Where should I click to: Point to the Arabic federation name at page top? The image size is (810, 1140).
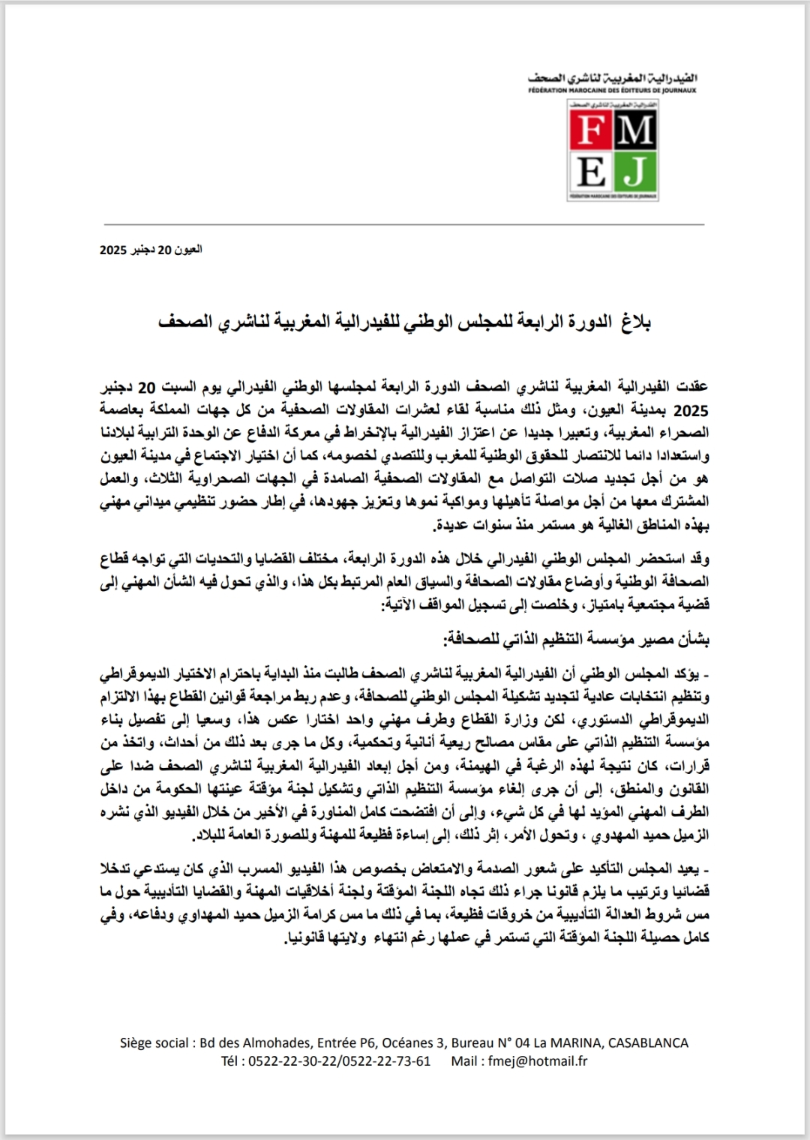[612, 77]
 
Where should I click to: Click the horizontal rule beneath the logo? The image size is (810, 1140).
[405, 224]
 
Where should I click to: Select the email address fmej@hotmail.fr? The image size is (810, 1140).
[537, 1060]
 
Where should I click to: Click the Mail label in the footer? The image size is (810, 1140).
[466, 1060]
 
